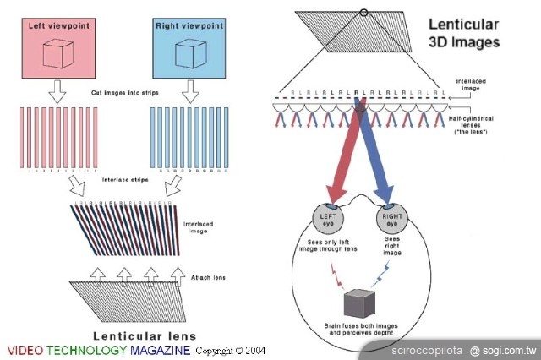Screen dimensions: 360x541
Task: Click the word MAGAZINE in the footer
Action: click(x=160, y=350)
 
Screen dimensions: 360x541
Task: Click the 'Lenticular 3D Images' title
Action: click(x=463, y=33)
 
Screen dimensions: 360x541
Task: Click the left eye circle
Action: click(x=328, y=217)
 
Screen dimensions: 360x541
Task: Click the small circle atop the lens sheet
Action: click(x=363, y=12)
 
